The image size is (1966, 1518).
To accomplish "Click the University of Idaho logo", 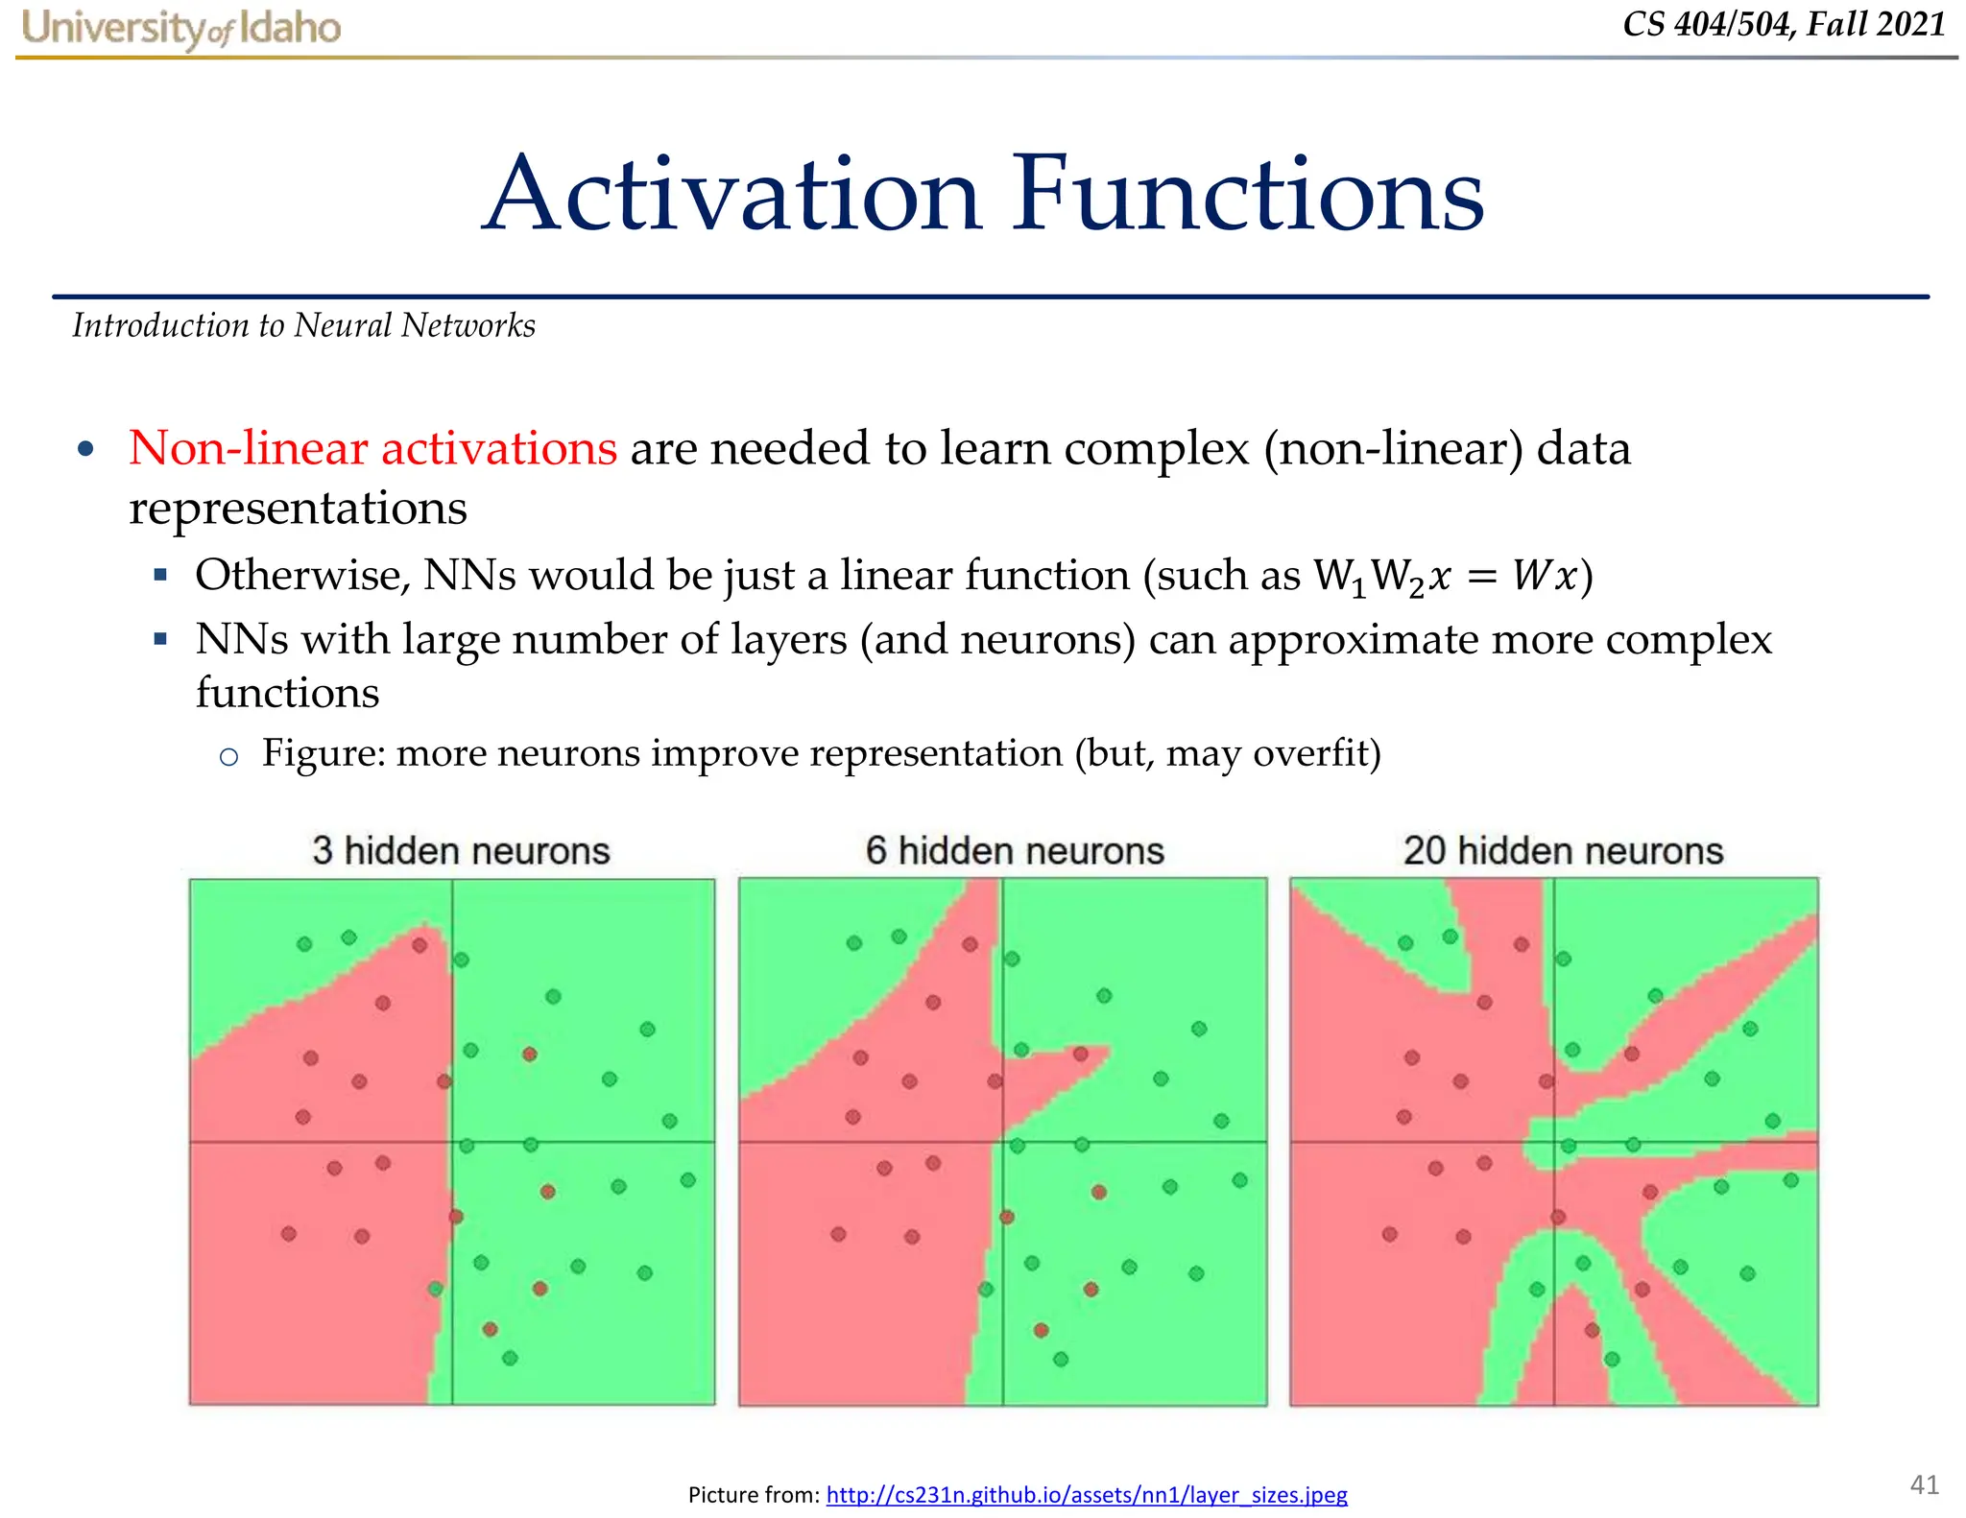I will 180,29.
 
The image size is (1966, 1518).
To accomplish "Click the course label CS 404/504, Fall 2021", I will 1784,24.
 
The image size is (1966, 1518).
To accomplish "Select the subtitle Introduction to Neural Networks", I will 303,326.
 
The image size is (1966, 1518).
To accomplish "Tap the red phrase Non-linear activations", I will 372,448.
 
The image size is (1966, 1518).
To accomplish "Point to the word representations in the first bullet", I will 298,508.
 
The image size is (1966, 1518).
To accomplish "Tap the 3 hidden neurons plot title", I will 461,851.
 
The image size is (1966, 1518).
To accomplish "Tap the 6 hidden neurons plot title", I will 1015,851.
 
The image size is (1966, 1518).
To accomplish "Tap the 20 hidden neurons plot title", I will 1563,851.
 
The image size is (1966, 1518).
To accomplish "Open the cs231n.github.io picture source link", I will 1087,1495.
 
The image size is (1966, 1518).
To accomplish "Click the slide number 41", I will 1924,1484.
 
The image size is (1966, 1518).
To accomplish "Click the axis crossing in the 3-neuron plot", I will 452,1142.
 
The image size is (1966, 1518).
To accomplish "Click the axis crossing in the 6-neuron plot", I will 1002,1142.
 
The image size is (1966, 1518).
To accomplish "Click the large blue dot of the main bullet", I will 86,449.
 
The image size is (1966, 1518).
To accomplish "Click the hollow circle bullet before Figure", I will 228,757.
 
